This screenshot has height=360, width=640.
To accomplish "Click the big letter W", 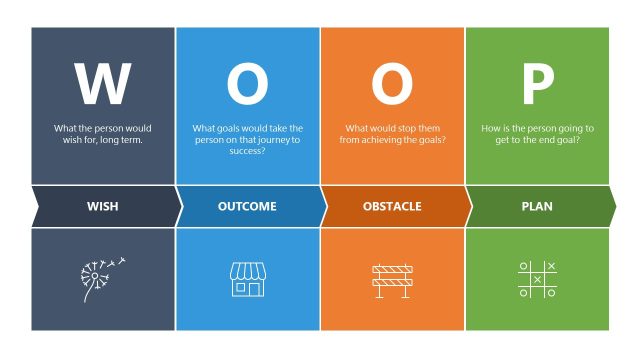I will (102, 84).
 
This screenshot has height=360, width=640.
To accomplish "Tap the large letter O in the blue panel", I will (247, 84).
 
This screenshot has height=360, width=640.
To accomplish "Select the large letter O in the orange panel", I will (392, 84).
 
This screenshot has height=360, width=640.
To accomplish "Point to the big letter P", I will (537, 84).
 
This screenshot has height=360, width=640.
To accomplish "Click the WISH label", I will (102, 207).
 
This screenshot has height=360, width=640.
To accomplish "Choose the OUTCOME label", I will (247, 207).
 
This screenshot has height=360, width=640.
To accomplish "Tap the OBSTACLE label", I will (391, 207).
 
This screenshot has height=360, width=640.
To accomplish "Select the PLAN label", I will (537, 207).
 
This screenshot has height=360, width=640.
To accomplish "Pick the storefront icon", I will (247, 279).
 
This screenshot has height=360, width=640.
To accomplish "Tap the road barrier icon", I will (392, 279).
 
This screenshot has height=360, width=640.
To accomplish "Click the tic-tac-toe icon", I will (537, 279).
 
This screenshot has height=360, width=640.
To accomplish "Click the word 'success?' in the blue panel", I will (247, 151).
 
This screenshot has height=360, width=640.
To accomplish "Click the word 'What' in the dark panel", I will (65, 129).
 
